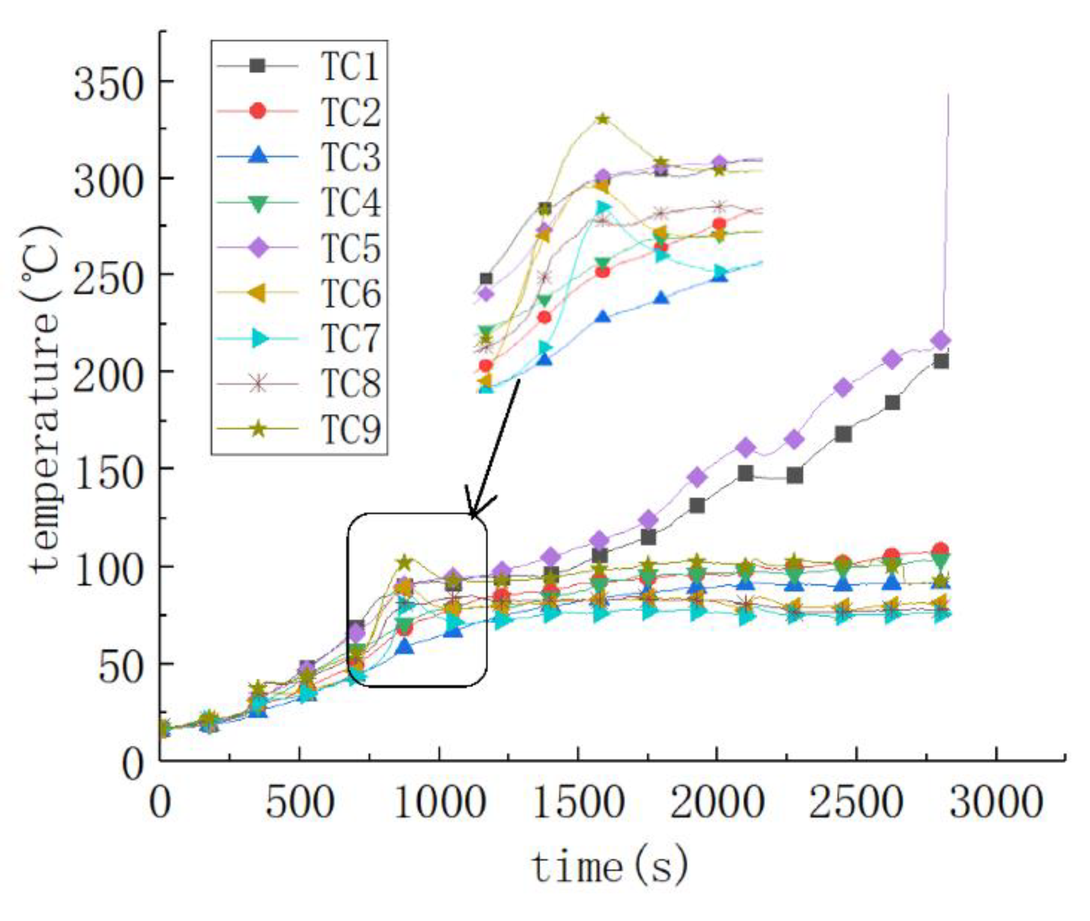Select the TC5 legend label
click(350, 248)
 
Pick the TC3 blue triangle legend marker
click(257, 156)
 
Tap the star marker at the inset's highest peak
click(602, 119)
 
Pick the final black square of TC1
click(941, 361)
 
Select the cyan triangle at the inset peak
click(602, 207)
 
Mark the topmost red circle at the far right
click(940, 550)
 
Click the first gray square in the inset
click(485, 278)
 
